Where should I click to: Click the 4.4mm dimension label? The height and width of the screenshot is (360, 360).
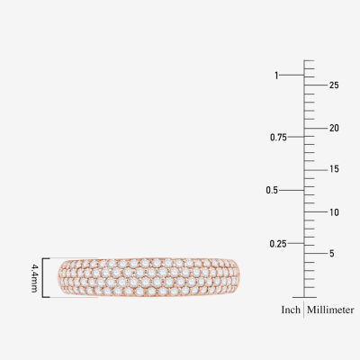34,278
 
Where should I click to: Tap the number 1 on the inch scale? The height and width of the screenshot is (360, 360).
276,76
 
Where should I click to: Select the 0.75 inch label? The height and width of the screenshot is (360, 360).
278,138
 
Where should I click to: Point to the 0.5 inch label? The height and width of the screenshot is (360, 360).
272,190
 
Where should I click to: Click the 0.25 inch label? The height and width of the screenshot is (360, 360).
278,244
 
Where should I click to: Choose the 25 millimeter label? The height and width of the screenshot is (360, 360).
334,85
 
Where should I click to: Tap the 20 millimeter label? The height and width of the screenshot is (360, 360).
334,128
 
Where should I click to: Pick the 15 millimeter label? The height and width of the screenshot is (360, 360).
334,169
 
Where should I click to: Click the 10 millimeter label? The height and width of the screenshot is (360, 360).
334,212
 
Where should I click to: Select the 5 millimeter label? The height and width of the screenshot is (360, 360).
331,254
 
